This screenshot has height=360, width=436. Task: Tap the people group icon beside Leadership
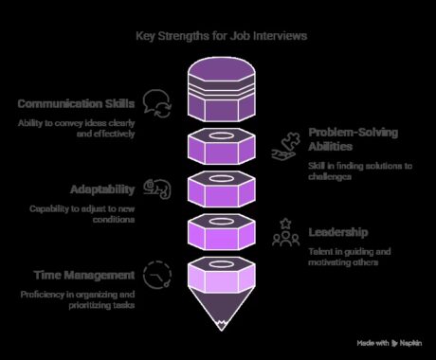coord(282,233)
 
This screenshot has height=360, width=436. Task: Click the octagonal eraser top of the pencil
coord(221,81)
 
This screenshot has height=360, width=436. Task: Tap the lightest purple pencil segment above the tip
coord(221,277)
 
